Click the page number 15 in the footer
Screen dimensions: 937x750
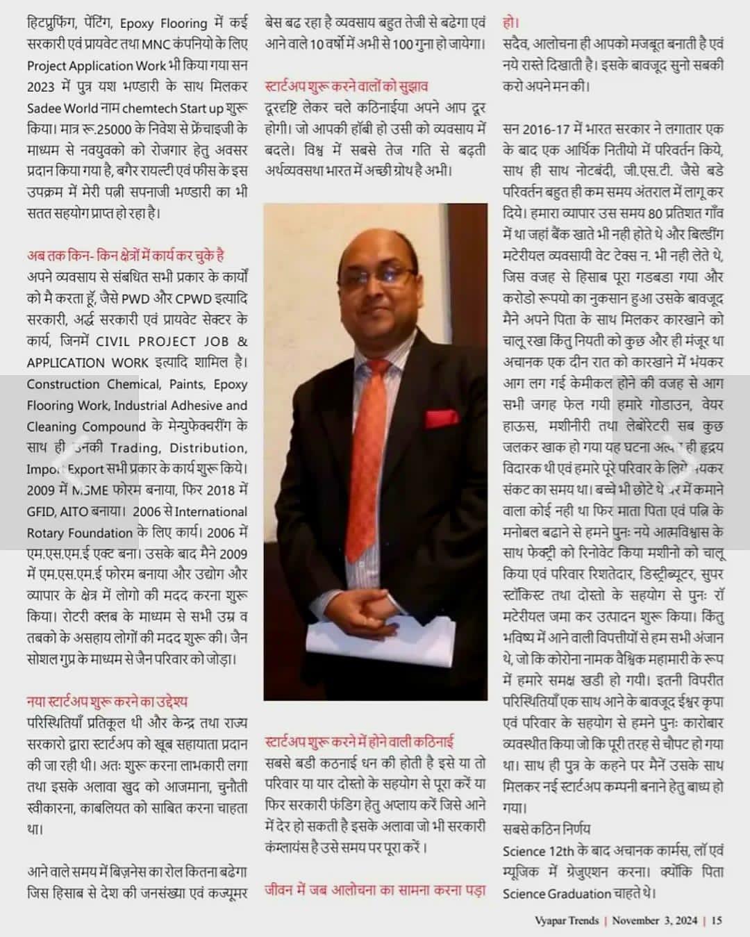pyautogui.click(x=717, y=920)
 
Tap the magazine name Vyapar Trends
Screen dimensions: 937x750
pyautogui.click(x=567, y=920)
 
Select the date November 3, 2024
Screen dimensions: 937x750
pyautogui.click(x=654, y=920)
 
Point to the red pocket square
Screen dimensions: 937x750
pyautogui.click(x=442, y=420)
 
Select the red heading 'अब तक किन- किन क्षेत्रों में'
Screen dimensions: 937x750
pyautogui.click(x=126, y=256)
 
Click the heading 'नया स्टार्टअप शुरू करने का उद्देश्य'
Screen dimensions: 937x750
pyautogui.click(x=107, y=702)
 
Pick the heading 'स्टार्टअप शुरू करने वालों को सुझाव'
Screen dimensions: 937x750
pyautogui.click(x=347, y=87)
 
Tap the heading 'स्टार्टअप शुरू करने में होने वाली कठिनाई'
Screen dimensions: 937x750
pyautogui.click(x=360, y=742)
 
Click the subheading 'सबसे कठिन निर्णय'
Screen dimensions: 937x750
pyautogui.click(x=547, y=829)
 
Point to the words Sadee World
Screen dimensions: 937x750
pyautogui.click(x=62, y=108)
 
